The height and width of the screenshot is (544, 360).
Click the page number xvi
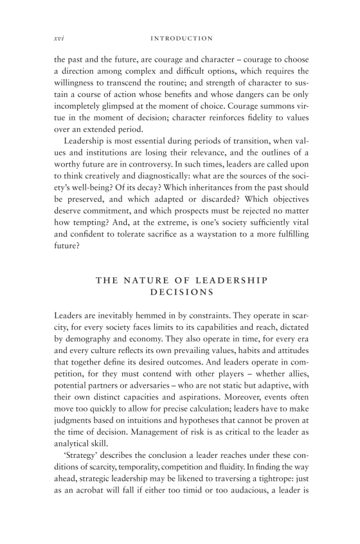[57, 39]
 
